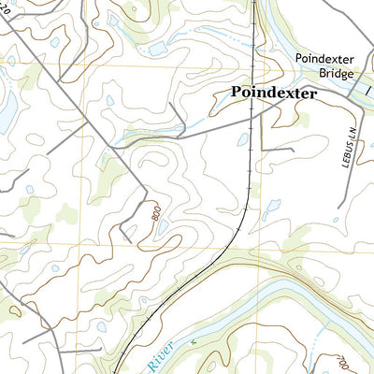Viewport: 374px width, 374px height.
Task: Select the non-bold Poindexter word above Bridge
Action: [325, 58]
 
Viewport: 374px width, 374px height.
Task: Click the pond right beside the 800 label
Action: [164, 226]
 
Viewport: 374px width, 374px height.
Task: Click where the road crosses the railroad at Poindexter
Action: [253, 111]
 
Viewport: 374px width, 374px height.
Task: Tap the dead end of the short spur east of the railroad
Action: [293, 149]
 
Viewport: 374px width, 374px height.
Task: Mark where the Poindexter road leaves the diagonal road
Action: [116, 145]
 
